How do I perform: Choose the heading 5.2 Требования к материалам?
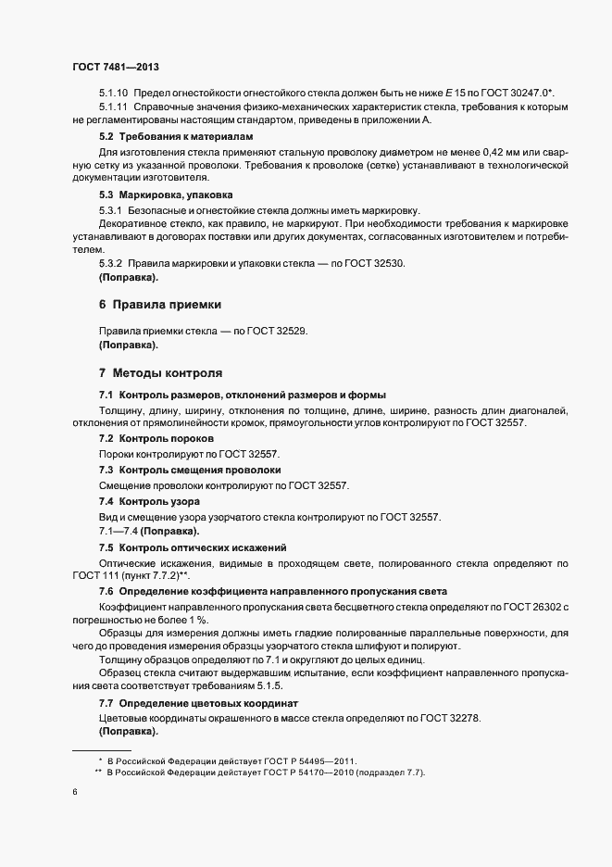[x=162, y=136]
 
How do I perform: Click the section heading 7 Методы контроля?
[x=160, y=373]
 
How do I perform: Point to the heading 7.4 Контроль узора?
[x=148, y=500]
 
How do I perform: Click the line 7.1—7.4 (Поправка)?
[x=148, y=532]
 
